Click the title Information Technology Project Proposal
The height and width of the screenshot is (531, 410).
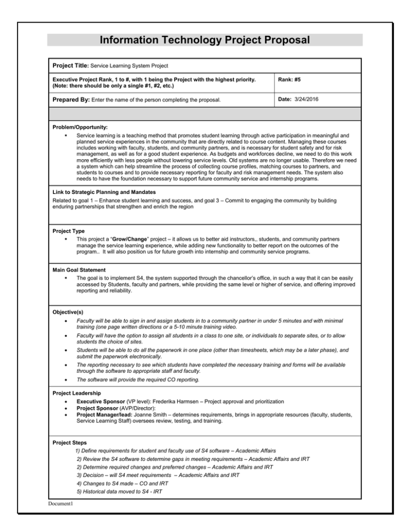(204, 40)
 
